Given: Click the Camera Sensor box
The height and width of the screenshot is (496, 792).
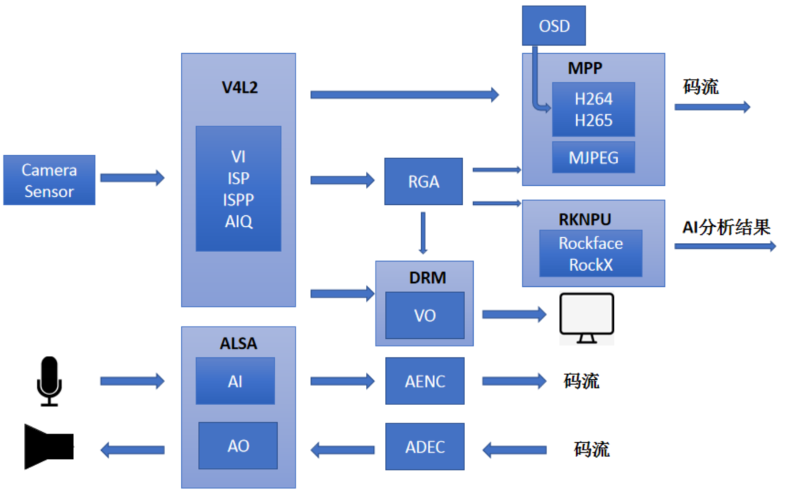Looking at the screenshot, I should click(x=49, y=180).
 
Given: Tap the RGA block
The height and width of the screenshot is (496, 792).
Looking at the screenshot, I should click(x=423, y=182).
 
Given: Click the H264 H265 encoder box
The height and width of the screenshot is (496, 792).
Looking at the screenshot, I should click(x=593, y=109).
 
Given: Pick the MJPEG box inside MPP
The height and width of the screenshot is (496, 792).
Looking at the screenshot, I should click(x=593, y=157).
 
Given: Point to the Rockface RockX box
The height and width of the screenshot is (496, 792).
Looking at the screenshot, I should click(x=591, y=253).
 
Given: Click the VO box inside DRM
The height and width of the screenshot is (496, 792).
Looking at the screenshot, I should click(x=425, y=316).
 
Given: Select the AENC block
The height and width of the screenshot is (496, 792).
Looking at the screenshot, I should click(x=425, y=381).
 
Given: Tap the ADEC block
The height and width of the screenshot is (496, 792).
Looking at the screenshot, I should click(x=425, y=447).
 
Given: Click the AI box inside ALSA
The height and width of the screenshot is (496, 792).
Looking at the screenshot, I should click(x=235, y=381).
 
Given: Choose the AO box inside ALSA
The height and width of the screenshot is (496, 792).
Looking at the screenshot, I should click(x=238, y=445).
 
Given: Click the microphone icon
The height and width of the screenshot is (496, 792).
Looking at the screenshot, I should click(x=49, y=381).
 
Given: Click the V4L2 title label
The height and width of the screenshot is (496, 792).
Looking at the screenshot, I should click(x=240, y=87).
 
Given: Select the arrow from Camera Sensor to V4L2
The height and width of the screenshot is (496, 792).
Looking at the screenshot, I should click(x=132, y=178).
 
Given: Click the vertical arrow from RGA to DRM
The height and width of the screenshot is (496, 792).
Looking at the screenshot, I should click(x=423, y=233).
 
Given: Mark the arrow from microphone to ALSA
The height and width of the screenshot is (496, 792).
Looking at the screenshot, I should click(x=132, y=381).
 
